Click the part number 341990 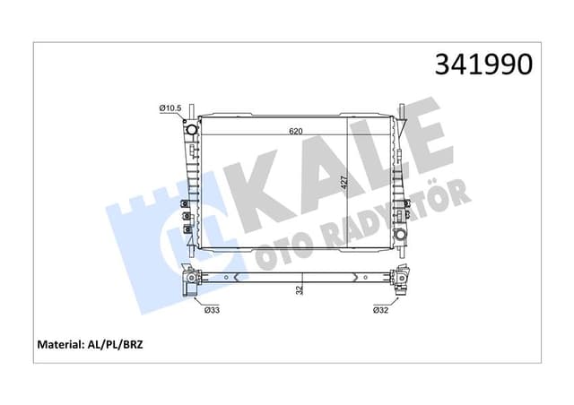[x=483, y=64]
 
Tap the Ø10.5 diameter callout [x=170, y=108]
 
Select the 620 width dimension [x=295, y=131]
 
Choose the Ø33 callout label [x=213, y=310]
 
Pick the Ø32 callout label [x=380, y=310]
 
